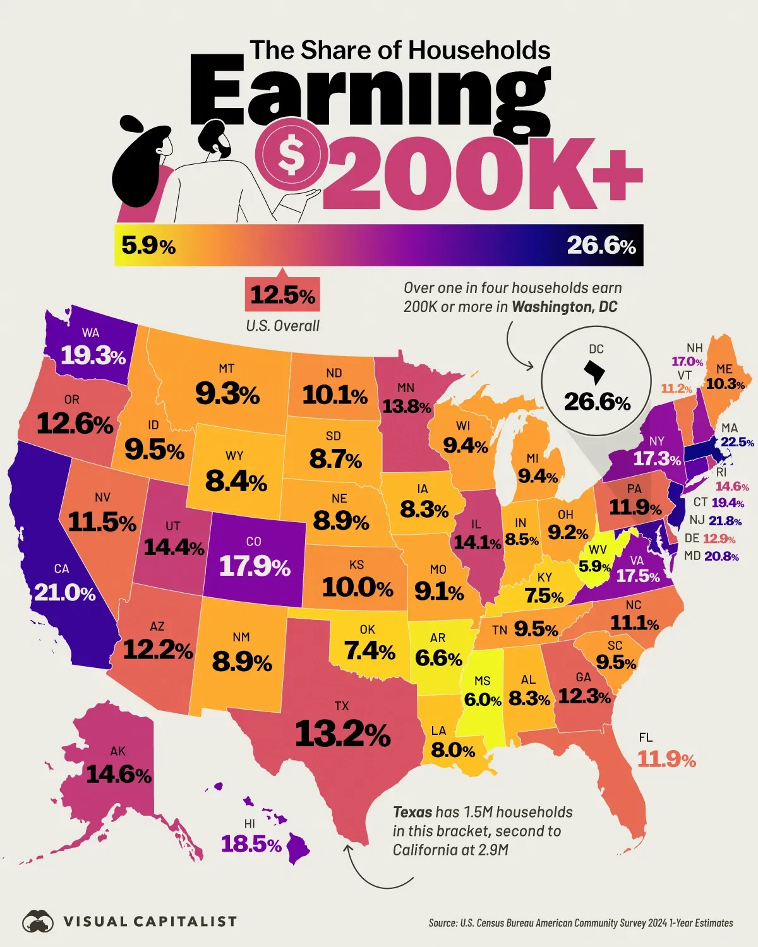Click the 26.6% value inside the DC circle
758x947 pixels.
[x=597, y=402]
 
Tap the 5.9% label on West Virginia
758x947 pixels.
[x=595, y=567]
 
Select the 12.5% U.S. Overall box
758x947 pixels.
[x=282, y=295]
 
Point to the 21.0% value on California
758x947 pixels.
[x=64, y=593]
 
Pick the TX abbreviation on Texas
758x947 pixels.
[x=342, y=706]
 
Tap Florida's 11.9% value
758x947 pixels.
[x=666, y=759]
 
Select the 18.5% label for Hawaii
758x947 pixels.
[x=251, y=844]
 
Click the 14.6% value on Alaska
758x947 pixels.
[x=119, y=775]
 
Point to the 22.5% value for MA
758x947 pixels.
[x=737, y=443]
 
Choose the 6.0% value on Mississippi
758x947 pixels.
[x=483, y=700]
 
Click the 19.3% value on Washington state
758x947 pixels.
[x=93, y=357]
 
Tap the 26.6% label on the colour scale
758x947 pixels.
[x=601, y=246]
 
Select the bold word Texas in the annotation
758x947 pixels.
[x=412, y=813]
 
